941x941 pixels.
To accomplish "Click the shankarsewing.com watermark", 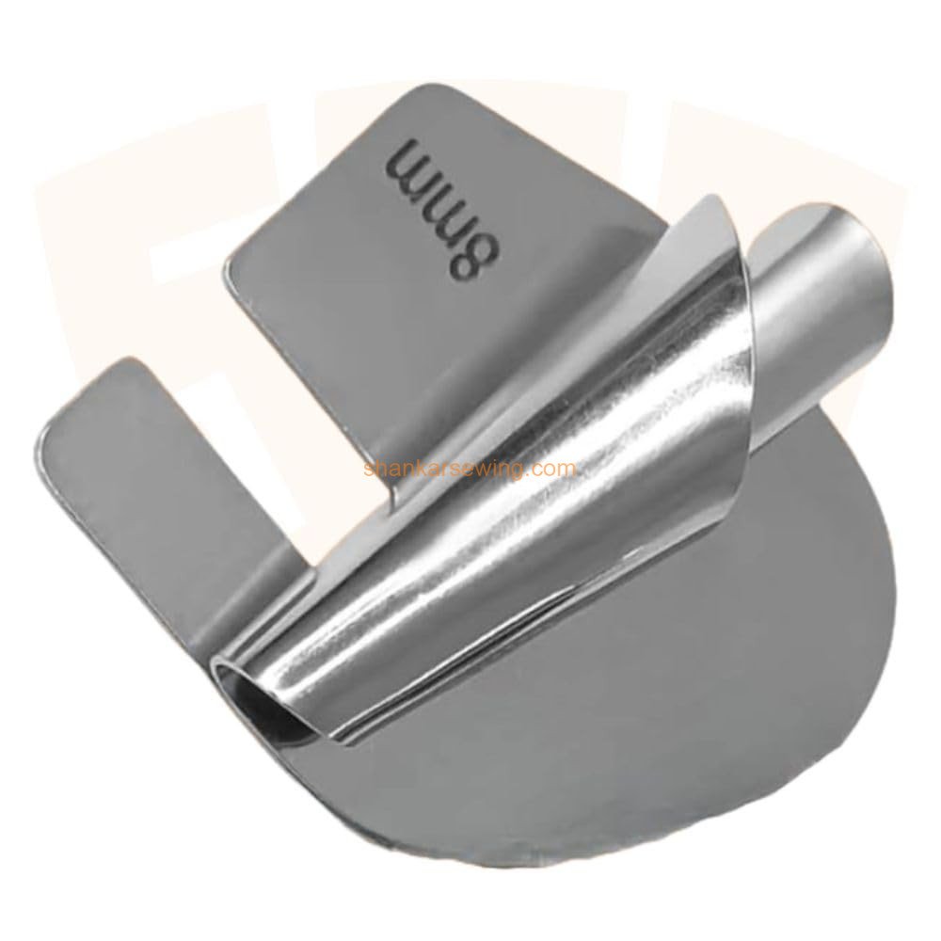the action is tap(470, 468).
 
